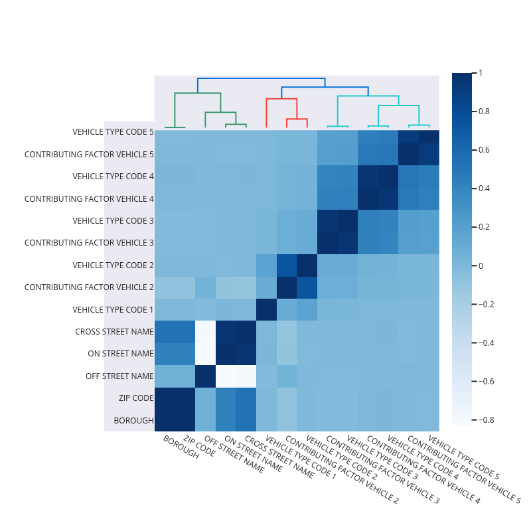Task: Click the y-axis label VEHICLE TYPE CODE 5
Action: point(113,132)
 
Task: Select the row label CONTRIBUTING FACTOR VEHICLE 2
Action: point(89,287)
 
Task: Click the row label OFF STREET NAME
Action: point(119,376)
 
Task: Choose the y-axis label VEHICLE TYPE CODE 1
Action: point(113,309)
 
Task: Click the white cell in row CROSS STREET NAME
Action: point(206,332)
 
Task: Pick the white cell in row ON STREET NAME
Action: point(206,354)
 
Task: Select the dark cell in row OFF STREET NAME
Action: point(206,376)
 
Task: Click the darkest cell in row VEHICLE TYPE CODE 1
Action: point(267,309)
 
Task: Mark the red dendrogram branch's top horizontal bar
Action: point(281,99)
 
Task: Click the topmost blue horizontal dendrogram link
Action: point(261,79)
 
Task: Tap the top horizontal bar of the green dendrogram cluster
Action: point(198,94)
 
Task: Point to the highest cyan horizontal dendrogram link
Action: point(368,96)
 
